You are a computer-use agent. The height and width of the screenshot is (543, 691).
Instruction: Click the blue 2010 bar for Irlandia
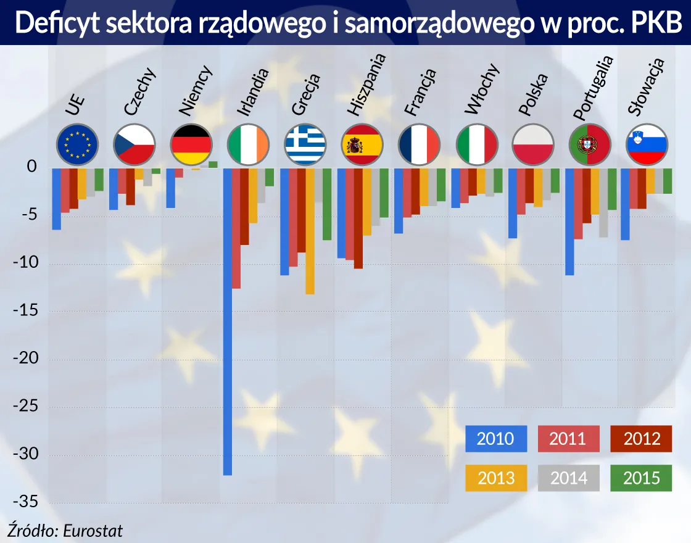227,321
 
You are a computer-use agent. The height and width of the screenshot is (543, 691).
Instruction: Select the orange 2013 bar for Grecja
310,231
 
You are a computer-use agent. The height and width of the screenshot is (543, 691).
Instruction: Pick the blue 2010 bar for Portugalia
569,222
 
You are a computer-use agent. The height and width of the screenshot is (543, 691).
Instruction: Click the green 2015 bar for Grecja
327,204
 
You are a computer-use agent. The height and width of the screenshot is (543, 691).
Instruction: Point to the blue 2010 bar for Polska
513,203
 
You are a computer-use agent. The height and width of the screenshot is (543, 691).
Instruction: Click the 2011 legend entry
568,439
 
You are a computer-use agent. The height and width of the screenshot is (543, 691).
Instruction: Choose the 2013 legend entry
496,478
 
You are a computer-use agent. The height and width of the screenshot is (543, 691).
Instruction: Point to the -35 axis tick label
25,503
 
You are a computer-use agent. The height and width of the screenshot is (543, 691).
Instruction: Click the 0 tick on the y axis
32,168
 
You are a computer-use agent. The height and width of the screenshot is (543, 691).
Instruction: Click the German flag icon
191,144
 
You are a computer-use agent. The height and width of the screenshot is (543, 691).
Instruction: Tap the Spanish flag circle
362,144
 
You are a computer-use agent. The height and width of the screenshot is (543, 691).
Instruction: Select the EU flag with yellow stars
77,144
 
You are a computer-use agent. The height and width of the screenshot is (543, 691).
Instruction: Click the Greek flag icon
305,144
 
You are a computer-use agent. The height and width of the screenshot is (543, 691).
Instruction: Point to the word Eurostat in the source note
93,531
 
